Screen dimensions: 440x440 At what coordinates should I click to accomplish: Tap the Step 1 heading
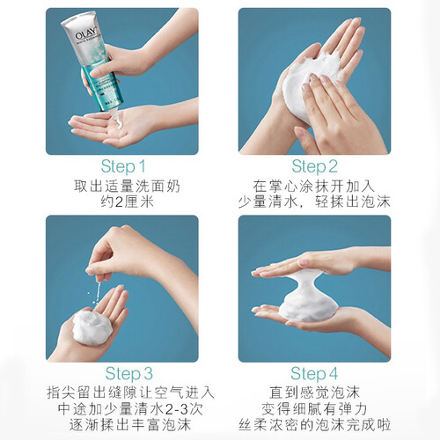pyautogui.click(x=123, y=166)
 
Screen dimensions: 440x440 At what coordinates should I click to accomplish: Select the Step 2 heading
pyautogui.click(x=314, y=166)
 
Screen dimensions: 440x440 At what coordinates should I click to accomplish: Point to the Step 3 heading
pyautogui.click(x=129, y=374)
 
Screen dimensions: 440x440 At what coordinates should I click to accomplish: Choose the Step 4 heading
pyautogui.click(x=314, y=374)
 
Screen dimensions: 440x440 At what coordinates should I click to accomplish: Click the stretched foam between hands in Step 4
pyautogui.click(x=308, y=297)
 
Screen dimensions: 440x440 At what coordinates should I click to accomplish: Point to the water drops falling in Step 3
pyautogui.click(x=96, y=292)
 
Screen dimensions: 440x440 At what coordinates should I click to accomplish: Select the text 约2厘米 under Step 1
pyautogui.click(x=128, y=202)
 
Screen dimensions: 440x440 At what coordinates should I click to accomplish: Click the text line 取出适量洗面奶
pyautogui.click(x=127, y=186)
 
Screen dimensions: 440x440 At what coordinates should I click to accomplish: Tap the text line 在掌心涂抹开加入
pyautogui.click(x=314, y=186)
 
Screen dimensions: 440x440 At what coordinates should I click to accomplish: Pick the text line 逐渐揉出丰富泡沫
pyautogui.click(x=130, y=425)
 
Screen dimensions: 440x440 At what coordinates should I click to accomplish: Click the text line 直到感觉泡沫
pyautogui.click(x=314, y=392)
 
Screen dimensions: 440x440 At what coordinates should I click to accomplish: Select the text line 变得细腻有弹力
pyautogui.click(x=314, y=408)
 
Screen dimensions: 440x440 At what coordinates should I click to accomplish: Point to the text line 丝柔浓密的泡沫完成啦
pyautogui.click(x=314, y=425)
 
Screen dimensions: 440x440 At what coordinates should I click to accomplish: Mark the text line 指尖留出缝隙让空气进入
pyautogui.click(x=130, y=392)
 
